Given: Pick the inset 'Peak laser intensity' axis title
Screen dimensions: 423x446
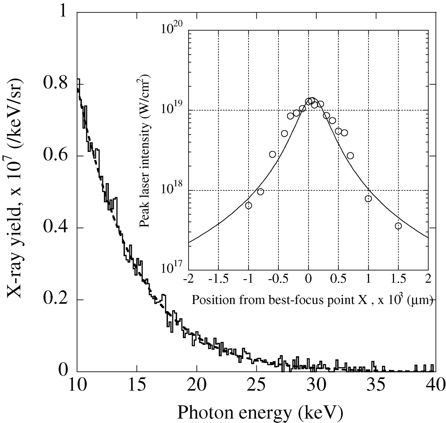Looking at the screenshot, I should [145, 153].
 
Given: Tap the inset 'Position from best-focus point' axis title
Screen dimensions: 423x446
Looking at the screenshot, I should [312, 300].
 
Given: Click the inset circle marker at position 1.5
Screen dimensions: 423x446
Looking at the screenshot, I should [398, 226].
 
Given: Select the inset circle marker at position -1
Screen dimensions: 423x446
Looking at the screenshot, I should [248, 205].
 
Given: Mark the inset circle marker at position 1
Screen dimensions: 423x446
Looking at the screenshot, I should [368, 199].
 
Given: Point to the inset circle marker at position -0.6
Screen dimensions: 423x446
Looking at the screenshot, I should [272, 154].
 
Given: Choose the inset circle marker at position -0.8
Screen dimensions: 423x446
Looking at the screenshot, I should [261, 191].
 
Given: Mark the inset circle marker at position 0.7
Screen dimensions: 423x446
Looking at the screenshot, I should [350, 156].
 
